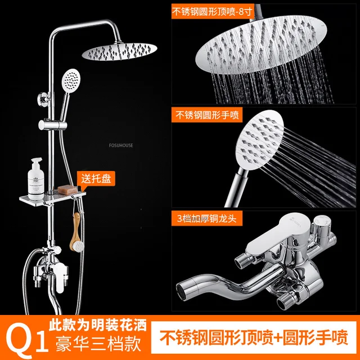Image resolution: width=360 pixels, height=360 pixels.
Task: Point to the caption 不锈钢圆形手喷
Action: tap(207, 116)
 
